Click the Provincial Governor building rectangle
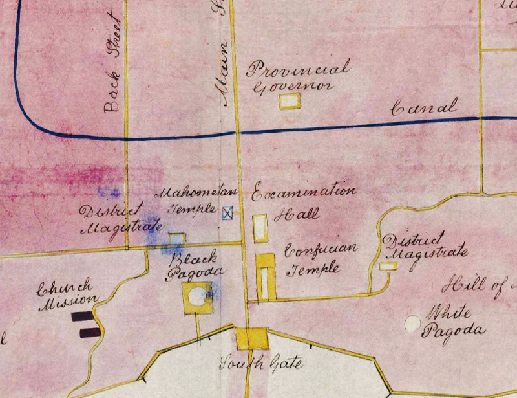coord(290,102)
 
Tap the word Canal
coord(425,107)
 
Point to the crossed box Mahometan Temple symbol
coord(227,214)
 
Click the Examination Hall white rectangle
coord(260,227)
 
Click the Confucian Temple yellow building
coord(266,278)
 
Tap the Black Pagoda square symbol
coord(198,298)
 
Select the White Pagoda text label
coord(452,324)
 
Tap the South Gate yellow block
coord(251,338)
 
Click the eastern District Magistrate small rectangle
coord(388,266)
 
